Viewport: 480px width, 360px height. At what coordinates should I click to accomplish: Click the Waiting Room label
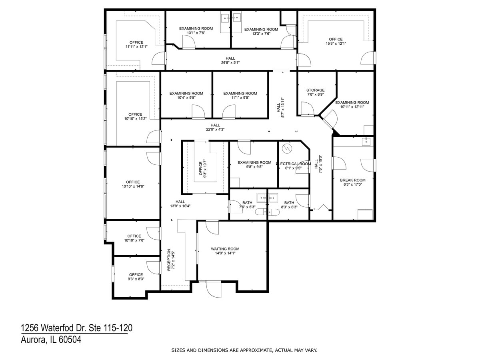[225, 249]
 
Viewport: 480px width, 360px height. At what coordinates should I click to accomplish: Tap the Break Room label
[353, 180]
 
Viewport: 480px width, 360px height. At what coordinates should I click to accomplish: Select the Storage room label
[315, 90]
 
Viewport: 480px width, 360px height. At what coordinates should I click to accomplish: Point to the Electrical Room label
[293, 164]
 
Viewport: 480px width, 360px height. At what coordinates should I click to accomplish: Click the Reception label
[169, 260]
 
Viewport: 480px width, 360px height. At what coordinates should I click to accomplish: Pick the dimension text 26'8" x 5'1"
[230, 62]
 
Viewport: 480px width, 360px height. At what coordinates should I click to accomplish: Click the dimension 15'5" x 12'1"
[336, 43]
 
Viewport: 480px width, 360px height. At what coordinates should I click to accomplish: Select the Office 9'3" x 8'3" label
[136, 275]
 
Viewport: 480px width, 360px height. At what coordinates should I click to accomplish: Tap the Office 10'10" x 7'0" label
[134, 236]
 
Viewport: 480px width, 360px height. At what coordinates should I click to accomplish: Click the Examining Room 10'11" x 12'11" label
[352, 102]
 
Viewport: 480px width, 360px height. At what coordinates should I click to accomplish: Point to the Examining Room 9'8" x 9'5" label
[254, 162]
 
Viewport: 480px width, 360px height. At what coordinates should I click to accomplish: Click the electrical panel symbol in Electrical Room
[286, 148]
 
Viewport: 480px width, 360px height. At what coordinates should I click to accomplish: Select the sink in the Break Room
[366, 142]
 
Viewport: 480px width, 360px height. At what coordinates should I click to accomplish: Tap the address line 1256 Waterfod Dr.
[76, 328]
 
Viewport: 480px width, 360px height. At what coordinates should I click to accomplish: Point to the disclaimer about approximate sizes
[244, 350]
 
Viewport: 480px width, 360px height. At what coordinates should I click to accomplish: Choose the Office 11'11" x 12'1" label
[136, 42]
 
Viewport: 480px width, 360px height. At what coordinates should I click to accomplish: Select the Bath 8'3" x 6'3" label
[289, 203]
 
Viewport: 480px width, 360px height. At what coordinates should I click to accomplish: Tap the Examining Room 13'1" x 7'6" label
[196, 28]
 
